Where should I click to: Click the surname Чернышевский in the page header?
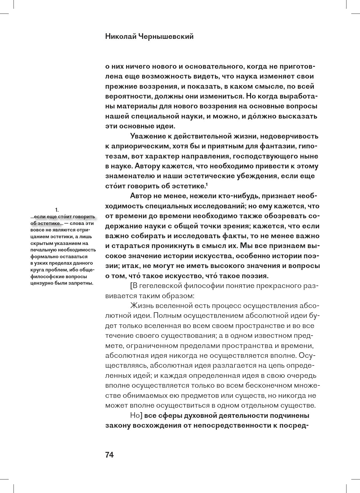coord(166,37)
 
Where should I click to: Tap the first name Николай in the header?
coord(121,37)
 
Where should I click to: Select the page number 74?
coord(109,455)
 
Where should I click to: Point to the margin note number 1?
coord(57,210)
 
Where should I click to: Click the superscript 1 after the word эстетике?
coord(207,184)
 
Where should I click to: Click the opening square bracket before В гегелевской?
coord(131,286)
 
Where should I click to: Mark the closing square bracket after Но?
coord(143,416)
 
